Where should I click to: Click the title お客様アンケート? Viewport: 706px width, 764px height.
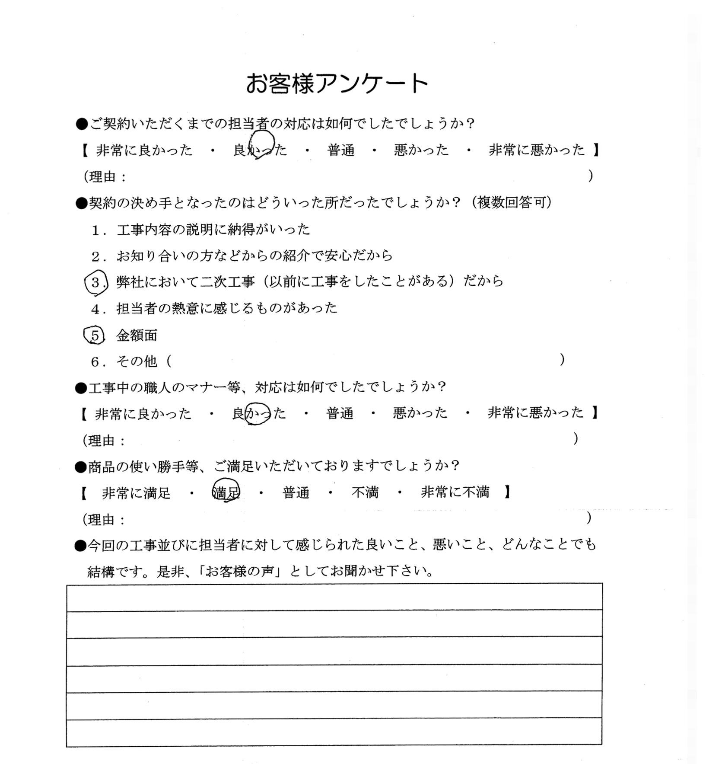tap(337, 84)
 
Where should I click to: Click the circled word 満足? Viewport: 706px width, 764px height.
tap(226, 492)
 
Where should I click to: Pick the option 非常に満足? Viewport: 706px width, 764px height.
tap(136, 492)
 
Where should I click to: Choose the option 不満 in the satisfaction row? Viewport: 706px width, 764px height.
tap(365, 492)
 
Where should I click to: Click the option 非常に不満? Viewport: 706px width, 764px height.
tap(455, 492)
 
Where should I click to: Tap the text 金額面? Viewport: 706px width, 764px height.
tap(137, 336)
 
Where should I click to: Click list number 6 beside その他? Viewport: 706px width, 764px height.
tap(95, 361)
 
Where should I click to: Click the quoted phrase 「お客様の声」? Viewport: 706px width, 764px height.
tap(243, 572)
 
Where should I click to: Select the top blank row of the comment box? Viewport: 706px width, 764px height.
tap(334, 597)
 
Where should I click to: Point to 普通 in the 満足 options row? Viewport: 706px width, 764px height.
tap(296, 492)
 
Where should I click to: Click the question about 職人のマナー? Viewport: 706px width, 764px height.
tap(261, 387)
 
